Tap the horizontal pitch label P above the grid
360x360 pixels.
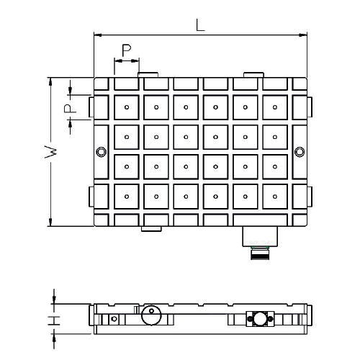pos(126,50)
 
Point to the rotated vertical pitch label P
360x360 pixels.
pos(66,109)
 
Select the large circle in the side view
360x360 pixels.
pos(151,316)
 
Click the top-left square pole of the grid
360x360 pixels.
pos(126,107)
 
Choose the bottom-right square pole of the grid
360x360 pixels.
pos(274,195)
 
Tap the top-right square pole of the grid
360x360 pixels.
pos(274,107)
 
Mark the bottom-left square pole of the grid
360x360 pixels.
pos(126,195)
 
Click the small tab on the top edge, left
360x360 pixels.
pos(149,74)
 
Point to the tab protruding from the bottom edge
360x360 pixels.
pos(150,228)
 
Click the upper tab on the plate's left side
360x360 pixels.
pos(91,107)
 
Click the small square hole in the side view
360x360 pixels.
pos(114,318)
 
